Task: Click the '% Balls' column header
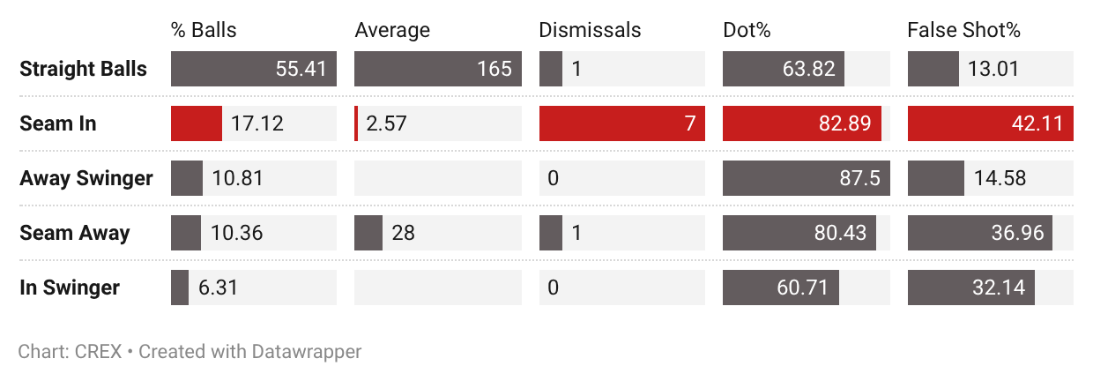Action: click(204, 30)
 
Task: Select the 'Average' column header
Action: click(392, 30)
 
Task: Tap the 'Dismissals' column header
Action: click(590, 30)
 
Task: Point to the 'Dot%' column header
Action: click(747, 30)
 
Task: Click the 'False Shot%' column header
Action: click(963, 30)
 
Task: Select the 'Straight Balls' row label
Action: click(83, 69)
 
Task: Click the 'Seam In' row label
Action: click(57, 123)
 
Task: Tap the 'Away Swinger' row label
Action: click(86, 178)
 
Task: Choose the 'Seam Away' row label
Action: click(75, 233)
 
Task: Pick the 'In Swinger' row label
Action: click(70, 288)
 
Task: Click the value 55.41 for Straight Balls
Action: click(301, 69)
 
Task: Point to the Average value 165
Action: click(494, 69)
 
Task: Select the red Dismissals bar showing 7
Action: click(622, 123)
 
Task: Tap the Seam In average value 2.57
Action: click(386, 123)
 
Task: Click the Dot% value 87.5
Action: click(859, 178)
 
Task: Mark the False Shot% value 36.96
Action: click(1017, 233)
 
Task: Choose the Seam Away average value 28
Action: click(403, 233)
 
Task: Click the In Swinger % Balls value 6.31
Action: click(218, 288)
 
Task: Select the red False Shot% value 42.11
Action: click(1037, 123)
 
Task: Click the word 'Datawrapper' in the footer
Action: click(307, 352)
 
